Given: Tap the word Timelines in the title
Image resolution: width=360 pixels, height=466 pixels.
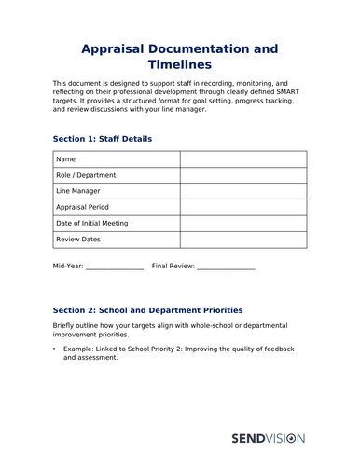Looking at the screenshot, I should pyautogui.click(x=179, y=65).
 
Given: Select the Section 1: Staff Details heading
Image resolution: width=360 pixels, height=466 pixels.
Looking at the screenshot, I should pyautogui.click(x=103, y=139).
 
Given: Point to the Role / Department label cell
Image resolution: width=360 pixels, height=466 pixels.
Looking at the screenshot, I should pyautogui.click(x=87, y=175).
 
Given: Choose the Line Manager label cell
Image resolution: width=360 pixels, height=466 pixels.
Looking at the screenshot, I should pyautogui.click(x=78, y=191).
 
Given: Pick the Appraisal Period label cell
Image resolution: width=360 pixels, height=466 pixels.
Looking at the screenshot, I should pyautogui.click(x=83, y=207).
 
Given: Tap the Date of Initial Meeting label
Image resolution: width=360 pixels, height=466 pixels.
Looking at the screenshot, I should pyautogui.click(x=92, y=223).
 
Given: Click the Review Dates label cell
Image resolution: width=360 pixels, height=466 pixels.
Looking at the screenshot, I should pyautogui.click(x=78, y=240).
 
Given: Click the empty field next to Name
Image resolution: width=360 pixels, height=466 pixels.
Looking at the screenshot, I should pyautogui.click(x=242, y=159).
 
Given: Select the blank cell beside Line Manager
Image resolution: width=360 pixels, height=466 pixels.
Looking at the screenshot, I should pyautogui.click(x=242, y=191).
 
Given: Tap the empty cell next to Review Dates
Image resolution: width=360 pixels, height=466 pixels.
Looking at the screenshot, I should pyautogui.click(x=242, y=240).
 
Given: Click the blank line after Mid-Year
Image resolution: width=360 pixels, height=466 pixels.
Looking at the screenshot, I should pyautogui.click(x=115, y=267).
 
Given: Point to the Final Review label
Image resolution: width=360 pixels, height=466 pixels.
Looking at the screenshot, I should pyautogui.click(x=173, y=266).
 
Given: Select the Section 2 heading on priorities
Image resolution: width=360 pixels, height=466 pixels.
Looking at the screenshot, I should pyautogui.click(x=147, y=310).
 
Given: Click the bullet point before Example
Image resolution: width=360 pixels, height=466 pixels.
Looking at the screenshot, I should pyautogui.click(x=55, y=349).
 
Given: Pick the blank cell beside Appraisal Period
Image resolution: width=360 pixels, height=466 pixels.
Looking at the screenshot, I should pyautogui.click(x=242, y=207).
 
